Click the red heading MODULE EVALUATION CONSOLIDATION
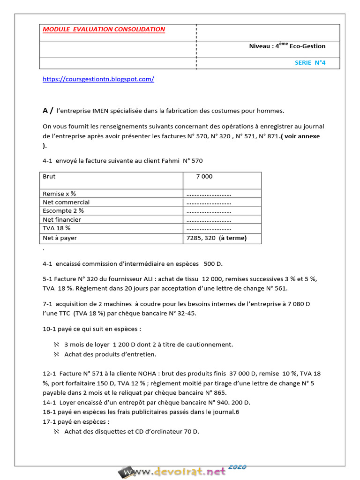coord(104,29)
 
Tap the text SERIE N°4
coord(310,62)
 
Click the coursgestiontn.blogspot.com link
coord(98,79)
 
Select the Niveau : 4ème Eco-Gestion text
coord(287,46)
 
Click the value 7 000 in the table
coord(204,177)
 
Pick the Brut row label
coord(49,177)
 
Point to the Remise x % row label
coord(59,194)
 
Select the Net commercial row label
coord(66,202)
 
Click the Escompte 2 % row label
coord(63,211)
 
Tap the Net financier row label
coord(62,219)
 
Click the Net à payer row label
coord(60,238)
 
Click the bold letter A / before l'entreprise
coord(48,111)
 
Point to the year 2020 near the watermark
coord(237,467)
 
